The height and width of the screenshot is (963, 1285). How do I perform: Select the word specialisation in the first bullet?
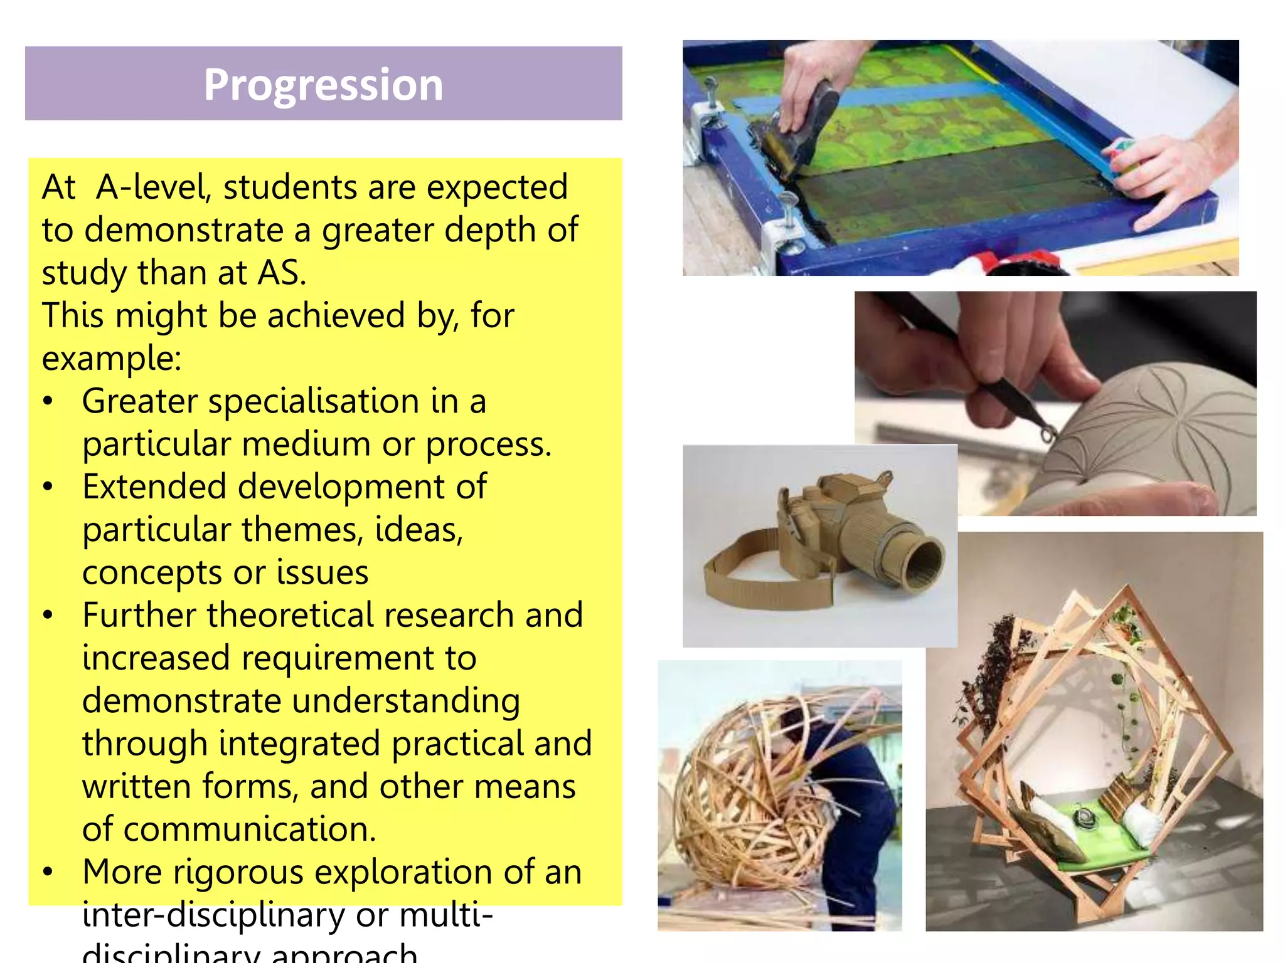(x=314, y=401)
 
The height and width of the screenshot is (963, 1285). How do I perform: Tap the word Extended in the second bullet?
(x=154, y=487)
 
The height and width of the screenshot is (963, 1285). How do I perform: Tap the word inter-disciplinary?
(x=213, y=915)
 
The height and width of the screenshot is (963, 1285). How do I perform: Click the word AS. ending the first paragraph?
(x=282, y=273)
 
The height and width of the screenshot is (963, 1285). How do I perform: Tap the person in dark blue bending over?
(x=860, y=815)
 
